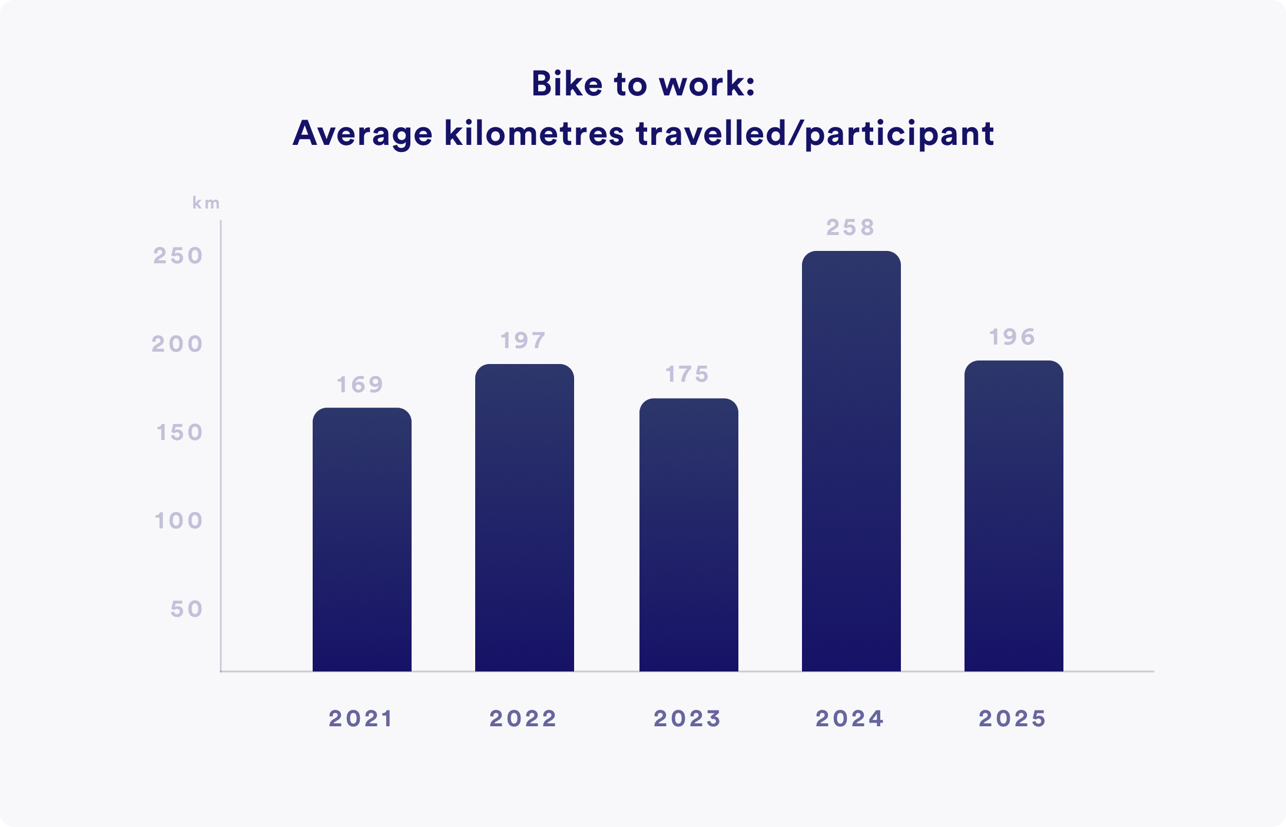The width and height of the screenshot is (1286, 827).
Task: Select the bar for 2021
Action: click(x=362, y=540)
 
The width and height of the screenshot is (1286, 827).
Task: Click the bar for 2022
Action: click(x=525, y=518)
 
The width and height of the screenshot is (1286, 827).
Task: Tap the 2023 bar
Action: click(x=689, y=535)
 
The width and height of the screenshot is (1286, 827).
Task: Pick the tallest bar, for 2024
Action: click(x=851, y=461)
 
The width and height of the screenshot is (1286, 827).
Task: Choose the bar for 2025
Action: click(x=1014, y=516)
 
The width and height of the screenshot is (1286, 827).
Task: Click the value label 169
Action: click(x=360, y=385)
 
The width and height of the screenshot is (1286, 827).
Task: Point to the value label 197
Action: click(x=523, y=340)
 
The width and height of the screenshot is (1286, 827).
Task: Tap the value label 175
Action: click(x=687, y=374)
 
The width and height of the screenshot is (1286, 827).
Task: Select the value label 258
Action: click(x=850, y=227)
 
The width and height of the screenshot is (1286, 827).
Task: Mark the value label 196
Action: click(x=1012, y=337)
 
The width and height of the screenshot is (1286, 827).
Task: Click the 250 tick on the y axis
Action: click(x=178, y=256)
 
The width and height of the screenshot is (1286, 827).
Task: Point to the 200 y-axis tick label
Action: click(x=177, y=344)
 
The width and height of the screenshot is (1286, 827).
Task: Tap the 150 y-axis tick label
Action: click(x=179, y=432)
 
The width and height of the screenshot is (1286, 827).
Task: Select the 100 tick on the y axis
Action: click(x=178, y=521)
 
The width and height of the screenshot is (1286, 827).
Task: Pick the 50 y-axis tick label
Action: click(x=187, y=609)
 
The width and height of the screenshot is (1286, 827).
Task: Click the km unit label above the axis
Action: click(x=206, y=203)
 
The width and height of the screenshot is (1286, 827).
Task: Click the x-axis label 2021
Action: click(x=361, y=719)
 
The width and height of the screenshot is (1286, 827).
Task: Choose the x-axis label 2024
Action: click(x=850, y=719)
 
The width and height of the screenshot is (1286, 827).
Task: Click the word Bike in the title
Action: click(x=567, y=84)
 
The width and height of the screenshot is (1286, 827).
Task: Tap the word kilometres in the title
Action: click(x=534, y=133)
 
